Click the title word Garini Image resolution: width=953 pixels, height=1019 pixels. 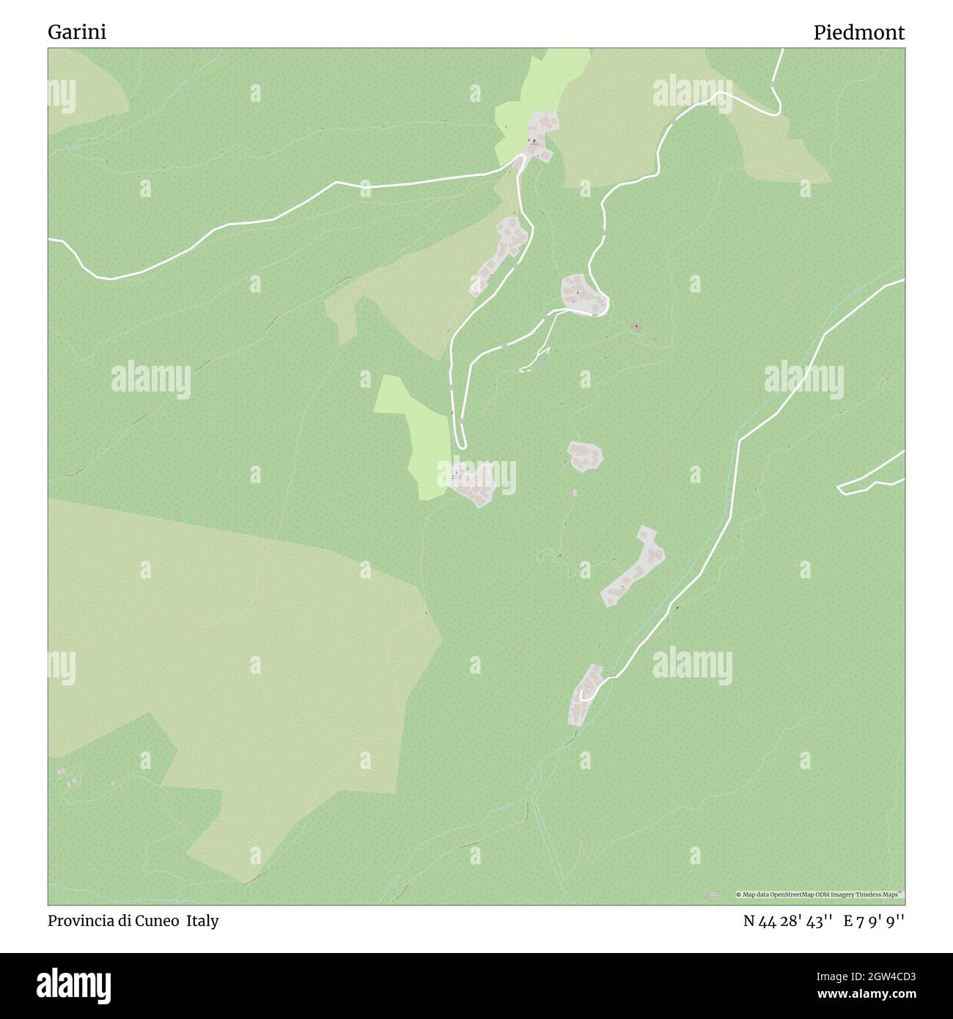[x=77, y=33]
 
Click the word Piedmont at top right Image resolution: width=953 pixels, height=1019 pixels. [x=858, y=33]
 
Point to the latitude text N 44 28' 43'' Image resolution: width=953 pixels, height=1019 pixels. [x=787, y=921]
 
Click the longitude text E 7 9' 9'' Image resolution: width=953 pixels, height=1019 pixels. [x=874, y=921]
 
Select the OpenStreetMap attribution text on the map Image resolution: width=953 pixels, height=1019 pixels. [x=820, y=894]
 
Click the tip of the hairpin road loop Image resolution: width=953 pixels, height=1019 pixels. [x=460, y=445]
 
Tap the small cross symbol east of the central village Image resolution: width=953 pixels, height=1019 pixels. [x=636, y=326]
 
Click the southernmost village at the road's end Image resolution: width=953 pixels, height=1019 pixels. [x=586, y=694]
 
